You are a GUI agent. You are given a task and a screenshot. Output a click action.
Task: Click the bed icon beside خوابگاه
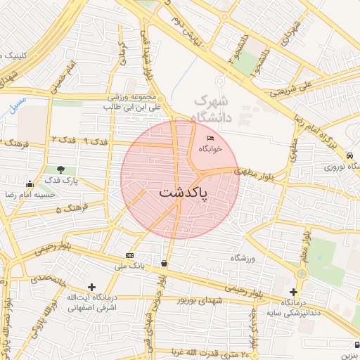211,138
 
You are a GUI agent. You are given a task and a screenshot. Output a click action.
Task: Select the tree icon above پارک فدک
61,169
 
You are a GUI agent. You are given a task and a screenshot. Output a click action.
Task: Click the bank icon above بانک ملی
129,255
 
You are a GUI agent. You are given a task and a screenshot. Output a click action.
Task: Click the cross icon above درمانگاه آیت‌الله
91,287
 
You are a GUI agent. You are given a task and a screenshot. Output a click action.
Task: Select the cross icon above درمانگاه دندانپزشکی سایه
293,292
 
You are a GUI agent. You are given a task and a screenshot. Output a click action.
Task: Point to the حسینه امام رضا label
30,193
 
